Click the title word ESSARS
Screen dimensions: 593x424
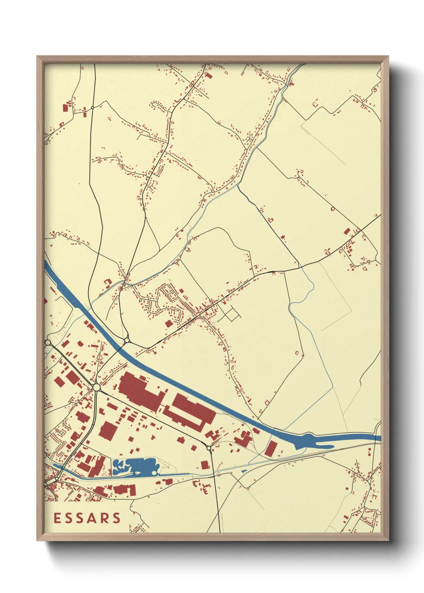point(87,518)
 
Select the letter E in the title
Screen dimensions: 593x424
point(57,518)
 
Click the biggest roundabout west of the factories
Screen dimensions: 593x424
point(96,387)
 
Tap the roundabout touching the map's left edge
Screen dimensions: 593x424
point(48,343)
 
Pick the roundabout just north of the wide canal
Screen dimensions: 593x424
point(127,340)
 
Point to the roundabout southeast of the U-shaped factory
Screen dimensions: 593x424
point(209,447)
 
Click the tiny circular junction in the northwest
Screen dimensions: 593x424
point(93,107)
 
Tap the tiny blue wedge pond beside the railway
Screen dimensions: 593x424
point(243,471)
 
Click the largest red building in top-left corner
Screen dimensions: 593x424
point(65,108)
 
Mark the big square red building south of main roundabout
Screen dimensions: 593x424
point(108,431)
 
